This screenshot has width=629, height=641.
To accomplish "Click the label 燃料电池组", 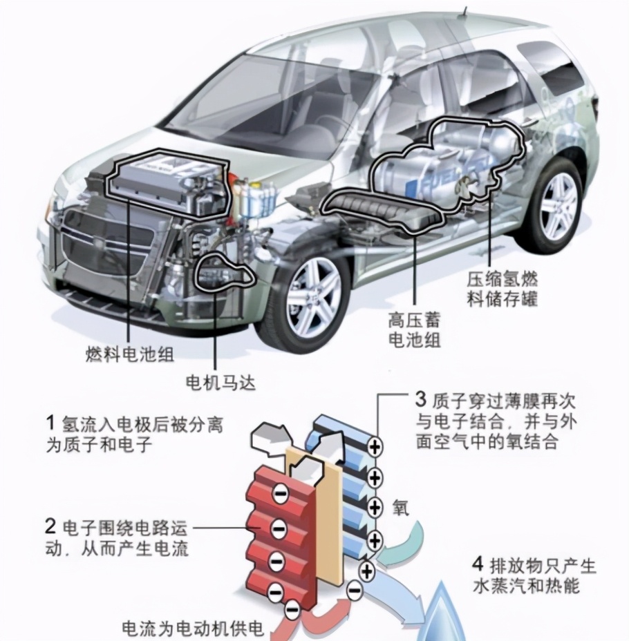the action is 130,354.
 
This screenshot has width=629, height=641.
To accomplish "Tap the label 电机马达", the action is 220,383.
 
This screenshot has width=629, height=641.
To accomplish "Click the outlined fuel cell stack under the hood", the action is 167,183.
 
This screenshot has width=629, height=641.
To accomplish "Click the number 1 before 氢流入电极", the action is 50,423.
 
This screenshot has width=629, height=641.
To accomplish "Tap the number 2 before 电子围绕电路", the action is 50,526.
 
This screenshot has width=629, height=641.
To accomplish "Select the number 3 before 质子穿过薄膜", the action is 421,399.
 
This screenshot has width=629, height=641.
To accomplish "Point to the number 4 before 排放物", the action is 478,565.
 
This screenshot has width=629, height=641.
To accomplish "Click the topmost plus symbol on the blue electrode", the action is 374,446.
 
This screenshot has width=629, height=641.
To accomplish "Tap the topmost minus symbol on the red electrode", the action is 281,494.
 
